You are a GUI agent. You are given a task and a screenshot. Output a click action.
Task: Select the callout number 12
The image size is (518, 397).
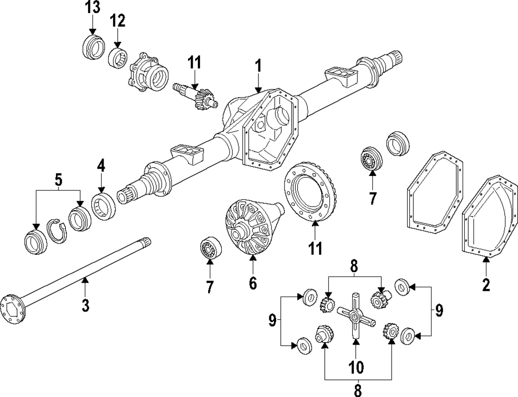pos(117,21)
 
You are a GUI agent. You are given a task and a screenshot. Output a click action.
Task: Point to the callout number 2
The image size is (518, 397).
pos(485,284)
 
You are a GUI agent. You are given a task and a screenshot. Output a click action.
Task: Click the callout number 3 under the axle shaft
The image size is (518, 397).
pos(85,305)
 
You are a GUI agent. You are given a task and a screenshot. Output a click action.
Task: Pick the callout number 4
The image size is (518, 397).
pos(101,167)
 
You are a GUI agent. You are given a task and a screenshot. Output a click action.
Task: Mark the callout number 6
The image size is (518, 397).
pos(252,283)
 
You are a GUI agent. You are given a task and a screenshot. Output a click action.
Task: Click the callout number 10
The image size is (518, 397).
pos(356,367)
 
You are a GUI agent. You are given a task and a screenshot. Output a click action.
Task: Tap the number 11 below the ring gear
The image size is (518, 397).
pos(315,247)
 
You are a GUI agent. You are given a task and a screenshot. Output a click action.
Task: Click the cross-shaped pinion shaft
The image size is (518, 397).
pos(355,316)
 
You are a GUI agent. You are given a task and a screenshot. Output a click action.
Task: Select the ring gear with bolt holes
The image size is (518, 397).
pos(310,193)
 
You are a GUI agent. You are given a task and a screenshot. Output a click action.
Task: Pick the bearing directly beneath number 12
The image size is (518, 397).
pos(118,56)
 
